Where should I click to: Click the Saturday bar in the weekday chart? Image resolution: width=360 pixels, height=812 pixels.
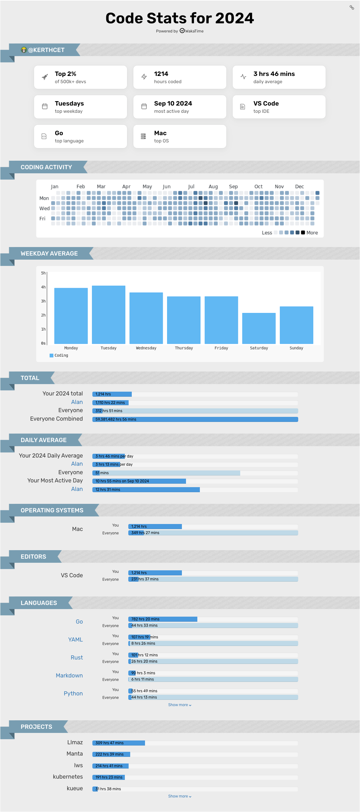259,328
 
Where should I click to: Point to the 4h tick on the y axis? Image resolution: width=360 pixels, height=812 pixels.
43,287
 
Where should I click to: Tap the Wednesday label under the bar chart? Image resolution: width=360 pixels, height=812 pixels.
146,348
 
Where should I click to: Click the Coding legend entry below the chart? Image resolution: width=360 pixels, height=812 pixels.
59,355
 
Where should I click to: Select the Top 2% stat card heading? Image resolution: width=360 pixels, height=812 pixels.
66,74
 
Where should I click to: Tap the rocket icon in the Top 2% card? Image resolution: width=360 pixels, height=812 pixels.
45,77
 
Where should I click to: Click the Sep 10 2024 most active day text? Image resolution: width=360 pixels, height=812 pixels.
173,103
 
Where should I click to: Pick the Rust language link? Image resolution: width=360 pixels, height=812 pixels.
77,658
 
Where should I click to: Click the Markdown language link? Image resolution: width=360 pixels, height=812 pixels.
69,676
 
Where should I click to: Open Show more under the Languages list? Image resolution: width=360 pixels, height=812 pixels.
180,705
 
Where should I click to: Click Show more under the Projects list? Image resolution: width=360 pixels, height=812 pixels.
180,796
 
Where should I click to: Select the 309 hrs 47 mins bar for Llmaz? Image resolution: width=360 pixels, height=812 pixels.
119,743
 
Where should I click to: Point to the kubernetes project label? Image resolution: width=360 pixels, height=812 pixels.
68,777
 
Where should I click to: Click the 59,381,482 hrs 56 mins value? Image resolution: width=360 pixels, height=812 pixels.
116,419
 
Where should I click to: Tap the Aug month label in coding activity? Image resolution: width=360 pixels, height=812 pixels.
213,187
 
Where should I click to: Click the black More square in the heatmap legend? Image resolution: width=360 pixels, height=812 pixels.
303,233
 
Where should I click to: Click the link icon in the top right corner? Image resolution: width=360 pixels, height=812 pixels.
352,7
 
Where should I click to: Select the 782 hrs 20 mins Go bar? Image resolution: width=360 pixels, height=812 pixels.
163,619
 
